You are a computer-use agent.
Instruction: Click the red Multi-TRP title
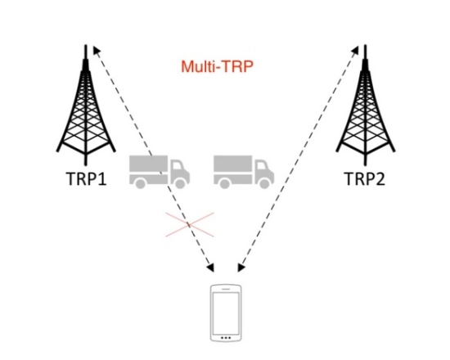(218, 66)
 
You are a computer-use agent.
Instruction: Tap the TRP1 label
(87, 178)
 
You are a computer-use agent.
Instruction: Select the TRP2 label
(364, 178)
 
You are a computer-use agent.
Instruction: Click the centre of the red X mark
(190, 225)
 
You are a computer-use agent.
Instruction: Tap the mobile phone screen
(226, 313)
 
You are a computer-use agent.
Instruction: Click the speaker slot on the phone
(226, 289)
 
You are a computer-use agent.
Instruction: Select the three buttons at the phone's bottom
(226, 338)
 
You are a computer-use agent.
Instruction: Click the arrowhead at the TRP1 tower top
(97, 50)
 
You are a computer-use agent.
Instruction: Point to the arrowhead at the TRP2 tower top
(355, 50)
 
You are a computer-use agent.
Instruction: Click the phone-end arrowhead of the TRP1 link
(211, 268)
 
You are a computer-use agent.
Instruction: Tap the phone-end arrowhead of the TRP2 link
(241, 268)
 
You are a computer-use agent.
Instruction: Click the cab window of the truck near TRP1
(177, 166)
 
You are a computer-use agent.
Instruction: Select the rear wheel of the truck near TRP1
(141, 183)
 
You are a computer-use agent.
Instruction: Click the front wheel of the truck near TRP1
(180, 183)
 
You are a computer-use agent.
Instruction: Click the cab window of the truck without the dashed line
(261, 166)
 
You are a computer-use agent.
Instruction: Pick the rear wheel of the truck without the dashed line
(225, 183)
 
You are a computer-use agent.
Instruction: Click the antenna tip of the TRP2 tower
(366, 45)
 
